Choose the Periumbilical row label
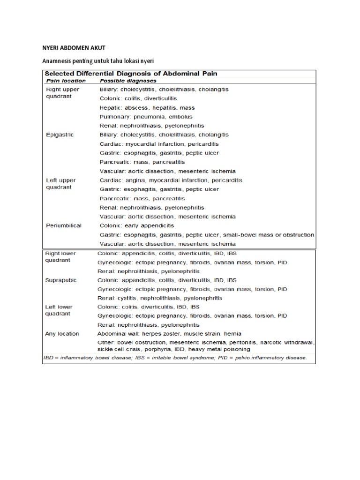[x=63, y=225]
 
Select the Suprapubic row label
[x=60, y=280]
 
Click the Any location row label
[x=62, y=334]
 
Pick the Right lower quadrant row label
[x=60, y=256]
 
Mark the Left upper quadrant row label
[x=60, y=183]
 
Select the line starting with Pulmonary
[x=146, y=117]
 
